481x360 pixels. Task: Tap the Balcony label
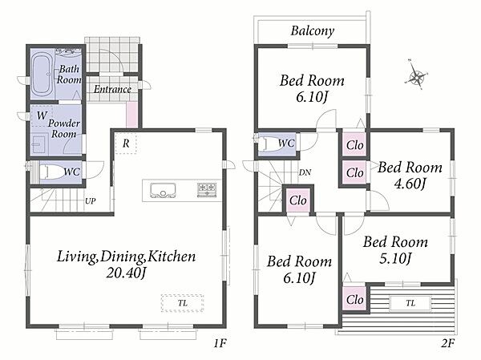click(313, 31)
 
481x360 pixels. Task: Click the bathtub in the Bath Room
click(42, 73)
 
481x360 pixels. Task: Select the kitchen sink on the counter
click(163, 190)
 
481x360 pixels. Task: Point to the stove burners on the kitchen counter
click(207, 188)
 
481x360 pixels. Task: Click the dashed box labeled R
click(126, 143)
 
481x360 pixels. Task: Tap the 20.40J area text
click(126, 273)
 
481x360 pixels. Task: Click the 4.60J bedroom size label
click(410, 184)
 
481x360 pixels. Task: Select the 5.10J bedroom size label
click(395, 258)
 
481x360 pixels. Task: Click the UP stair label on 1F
click(90, 201)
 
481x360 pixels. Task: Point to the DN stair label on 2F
click(305, 172)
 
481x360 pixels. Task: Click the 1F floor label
click(220, 343)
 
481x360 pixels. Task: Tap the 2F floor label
click(448, 343)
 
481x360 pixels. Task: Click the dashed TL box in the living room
click(183, 303)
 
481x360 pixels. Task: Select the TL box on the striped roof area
click(410, 303)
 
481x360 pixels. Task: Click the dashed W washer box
click(42, 116)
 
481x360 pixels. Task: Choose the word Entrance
click(112, 89)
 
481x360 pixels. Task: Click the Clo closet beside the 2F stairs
click(298, 200)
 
